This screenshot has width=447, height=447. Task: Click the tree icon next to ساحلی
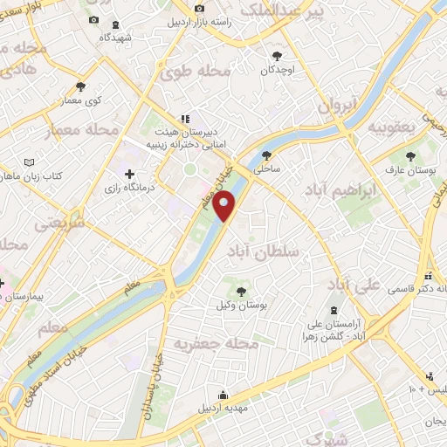tap(266, 155)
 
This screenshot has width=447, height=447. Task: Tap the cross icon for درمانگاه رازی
tap(130, 174)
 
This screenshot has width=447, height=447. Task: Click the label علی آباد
tap(354, 285)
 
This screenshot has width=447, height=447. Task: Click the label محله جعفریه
tap(217, 344)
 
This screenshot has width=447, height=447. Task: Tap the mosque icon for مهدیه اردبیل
tap(223, 395)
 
